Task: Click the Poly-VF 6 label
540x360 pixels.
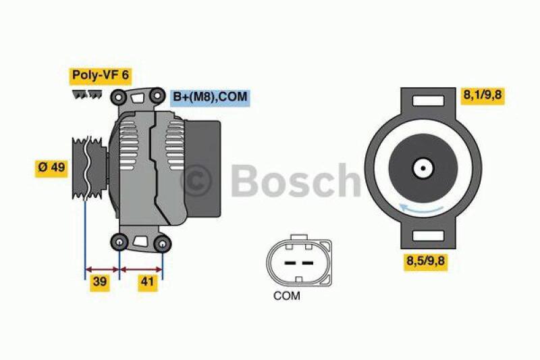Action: (99, 75)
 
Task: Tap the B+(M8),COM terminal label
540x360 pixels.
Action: (209, 97)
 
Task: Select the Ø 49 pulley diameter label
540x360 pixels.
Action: (51, 168)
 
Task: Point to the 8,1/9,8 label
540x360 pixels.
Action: (483, 96)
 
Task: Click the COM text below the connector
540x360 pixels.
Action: (287, 295)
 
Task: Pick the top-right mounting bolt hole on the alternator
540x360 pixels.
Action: (157, 93)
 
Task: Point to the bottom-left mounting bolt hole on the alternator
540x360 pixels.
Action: (120, 241)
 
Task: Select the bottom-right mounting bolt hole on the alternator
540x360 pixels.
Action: (163, 243)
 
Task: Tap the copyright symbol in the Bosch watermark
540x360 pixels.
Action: (199, 180)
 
